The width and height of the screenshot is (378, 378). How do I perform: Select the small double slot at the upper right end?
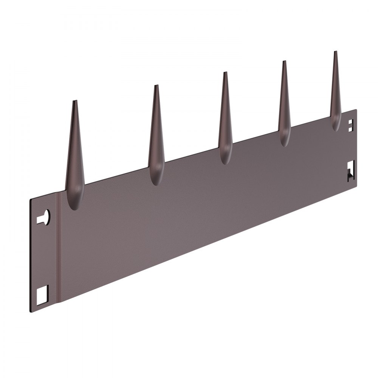coord(351,125)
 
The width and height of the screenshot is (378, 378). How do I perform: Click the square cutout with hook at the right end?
coord(351,170)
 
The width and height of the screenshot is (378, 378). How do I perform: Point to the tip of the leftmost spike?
coord(75,101)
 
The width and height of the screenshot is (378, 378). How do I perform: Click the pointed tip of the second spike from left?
coord(156,86)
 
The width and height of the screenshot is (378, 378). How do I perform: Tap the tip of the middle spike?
coord(225,73)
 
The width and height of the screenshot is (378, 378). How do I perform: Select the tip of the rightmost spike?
coord(335,52)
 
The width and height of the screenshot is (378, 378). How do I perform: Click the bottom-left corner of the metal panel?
coord(30,311)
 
